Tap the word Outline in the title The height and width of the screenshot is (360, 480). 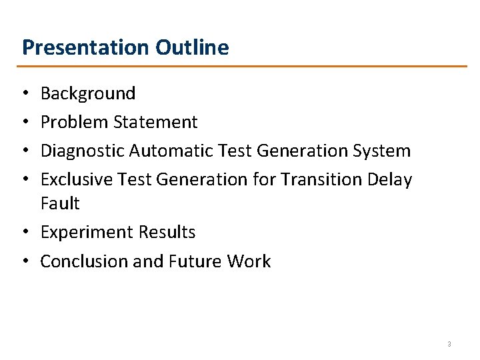coord(192,47)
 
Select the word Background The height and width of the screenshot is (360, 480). coord(88,93)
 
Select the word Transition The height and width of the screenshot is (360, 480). coord(314,179)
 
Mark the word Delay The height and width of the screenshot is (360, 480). coord(390,179)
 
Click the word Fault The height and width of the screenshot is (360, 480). coord(60,203)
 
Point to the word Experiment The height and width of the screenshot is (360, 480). coord(87,232)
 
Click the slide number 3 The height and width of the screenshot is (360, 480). coord(449,344)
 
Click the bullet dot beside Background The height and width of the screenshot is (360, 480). coord(25,94)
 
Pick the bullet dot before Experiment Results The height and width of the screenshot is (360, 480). coord(25,233)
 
